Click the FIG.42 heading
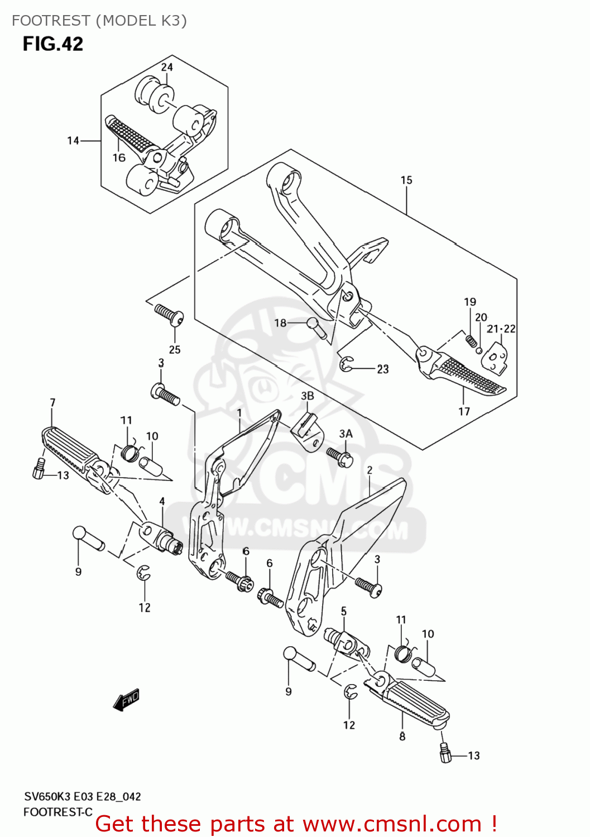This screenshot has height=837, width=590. click(x=52, y=44)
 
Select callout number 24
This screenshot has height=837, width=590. click(x=167, y=67)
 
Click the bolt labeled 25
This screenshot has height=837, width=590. click(x=169, y=314)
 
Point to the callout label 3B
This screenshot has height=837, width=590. click(x=308, y=396)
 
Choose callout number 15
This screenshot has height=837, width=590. click(x=406, y=180)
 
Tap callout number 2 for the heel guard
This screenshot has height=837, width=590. click(x=370, y=470)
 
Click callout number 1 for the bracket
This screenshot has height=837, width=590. click(x=239, y=413)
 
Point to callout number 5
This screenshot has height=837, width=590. click(x=344, y=611)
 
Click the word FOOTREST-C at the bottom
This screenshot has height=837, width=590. click(x=57, y=812)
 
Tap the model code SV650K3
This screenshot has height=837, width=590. click(x=47, y=797)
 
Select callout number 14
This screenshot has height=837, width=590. click(x=73, y=141)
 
